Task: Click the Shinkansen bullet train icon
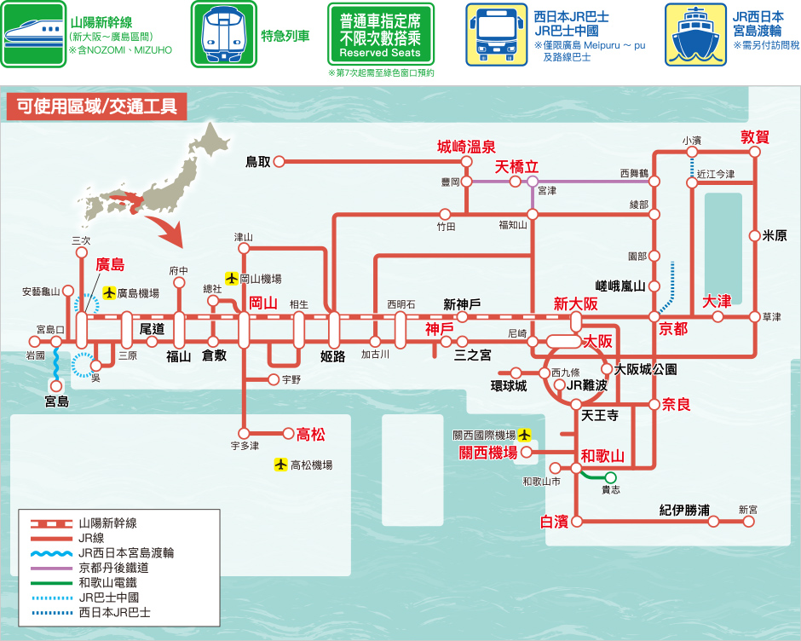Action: pos(33,34)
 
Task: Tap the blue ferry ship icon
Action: pos(695,34)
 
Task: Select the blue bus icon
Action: pos(496,34)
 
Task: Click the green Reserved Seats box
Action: pos(381,34)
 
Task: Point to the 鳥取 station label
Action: pos(258,162)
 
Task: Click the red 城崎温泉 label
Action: pos(466,147)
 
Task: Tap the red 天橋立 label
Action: pos(516,166)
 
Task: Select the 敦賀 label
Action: pos(755,137)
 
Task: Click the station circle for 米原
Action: pos(754,235)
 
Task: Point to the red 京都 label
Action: pos(673,329)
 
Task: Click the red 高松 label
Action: pos(310,435)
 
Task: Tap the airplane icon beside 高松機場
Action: pos(280,465)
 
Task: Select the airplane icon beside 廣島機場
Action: pos(109,293)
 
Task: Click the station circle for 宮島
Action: pos(56,386)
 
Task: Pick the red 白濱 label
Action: pos(554,522)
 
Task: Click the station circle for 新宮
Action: pos(748,522)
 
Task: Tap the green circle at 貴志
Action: pos(610,478)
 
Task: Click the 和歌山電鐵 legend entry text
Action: pos(107,583)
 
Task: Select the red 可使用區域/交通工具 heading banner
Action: pos(96,106)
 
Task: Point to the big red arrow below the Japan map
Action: pos(166,230)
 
